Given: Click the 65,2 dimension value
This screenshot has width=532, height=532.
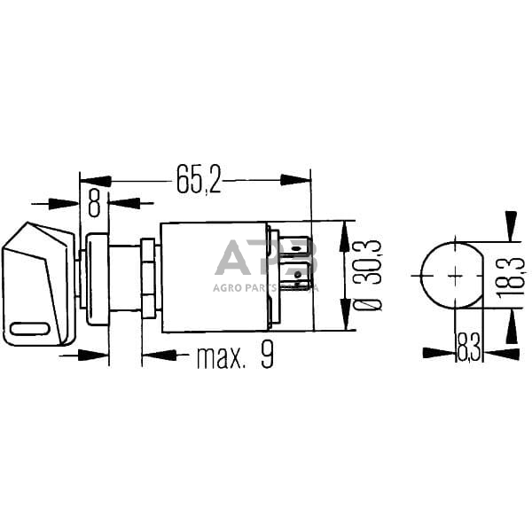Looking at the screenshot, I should [x=198, y=180].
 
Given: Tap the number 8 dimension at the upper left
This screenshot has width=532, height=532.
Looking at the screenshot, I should [x=93, y=202].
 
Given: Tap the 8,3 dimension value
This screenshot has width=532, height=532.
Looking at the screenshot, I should [x=469, y=347].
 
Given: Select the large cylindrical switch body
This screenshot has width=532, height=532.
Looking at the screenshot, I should [x=213, y=277].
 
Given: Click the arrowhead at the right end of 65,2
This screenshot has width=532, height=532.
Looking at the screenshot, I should [x=297, y=180].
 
